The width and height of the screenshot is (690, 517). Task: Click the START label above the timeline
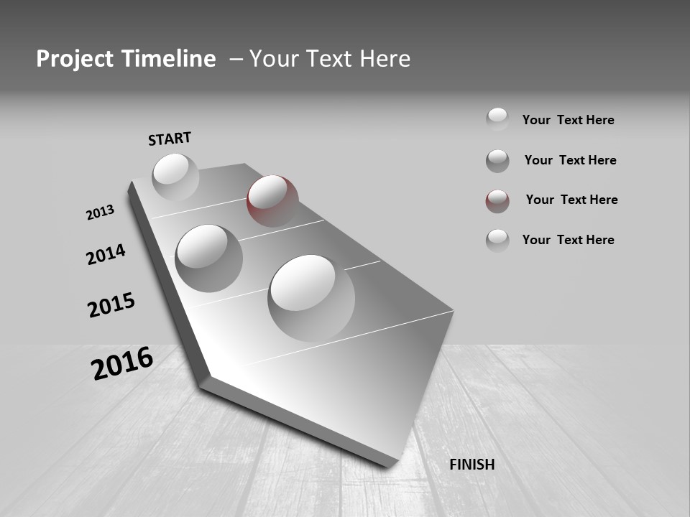point(170,138)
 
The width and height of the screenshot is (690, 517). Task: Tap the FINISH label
point(471,465)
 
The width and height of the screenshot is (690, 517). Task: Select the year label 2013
point(100,213)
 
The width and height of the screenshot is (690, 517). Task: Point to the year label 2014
point(106,254)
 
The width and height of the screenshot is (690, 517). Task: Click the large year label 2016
point(122,363)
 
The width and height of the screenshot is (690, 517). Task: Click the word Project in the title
point(75,59)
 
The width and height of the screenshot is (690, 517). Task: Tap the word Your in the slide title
point(272,59)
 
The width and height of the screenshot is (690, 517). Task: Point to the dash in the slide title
point(236,60)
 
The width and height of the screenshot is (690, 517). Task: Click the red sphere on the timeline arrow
point(272,200)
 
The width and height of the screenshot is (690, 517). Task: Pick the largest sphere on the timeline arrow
point(311,297)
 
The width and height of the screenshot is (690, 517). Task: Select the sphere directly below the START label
point(175,177)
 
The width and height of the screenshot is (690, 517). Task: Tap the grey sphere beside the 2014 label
point(208,258)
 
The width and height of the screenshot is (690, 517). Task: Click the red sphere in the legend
point(497,201)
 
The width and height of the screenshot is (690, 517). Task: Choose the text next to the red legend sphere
point(571,200)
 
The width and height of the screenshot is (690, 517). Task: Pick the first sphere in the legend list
point(497,119)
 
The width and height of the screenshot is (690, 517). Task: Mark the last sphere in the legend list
point(497,240)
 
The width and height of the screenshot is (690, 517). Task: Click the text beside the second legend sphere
point(570,160)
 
